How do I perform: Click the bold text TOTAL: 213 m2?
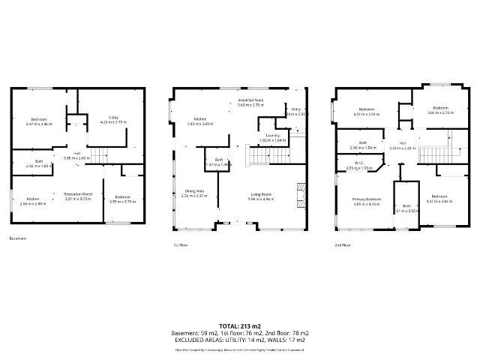click(x=239, y=326)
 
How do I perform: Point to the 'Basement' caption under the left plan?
click(x=18, y=239)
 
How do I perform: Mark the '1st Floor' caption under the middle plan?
click(x=181, y=244)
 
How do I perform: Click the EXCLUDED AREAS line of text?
click(x=239, y=340)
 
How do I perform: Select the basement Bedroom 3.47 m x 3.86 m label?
click(x=39, y=121)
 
